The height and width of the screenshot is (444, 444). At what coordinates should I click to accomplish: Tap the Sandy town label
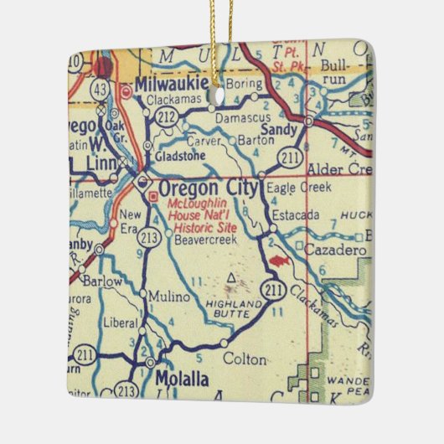pos(279,130)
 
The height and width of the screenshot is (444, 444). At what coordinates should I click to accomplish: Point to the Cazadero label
pos(324,250)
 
